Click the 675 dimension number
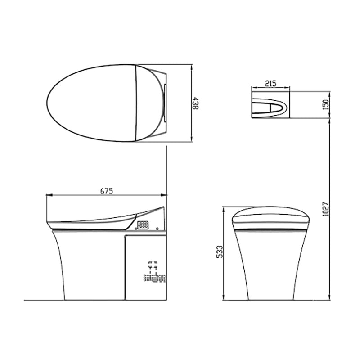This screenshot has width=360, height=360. click(x=106, y=191)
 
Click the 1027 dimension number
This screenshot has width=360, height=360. click(x=326, y=208)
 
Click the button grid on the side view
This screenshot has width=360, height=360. click(x=144, y=225)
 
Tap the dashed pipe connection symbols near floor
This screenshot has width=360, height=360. click(x=153, y=273)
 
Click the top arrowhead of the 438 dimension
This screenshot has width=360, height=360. click(x=193, y=67)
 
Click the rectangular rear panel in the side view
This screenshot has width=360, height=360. click(x=145, y=265)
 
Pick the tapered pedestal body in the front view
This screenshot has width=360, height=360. click(x=270, y=265)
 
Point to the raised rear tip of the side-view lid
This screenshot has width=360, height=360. click(x=162, y=208)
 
